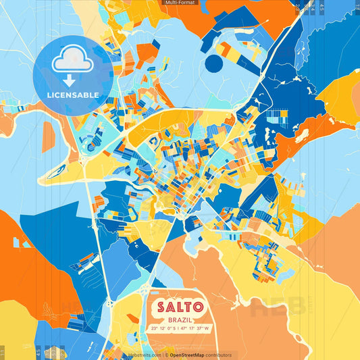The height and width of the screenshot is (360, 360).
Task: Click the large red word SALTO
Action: [x=180, y=306]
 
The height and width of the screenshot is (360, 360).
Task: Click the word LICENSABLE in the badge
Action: [x=73, y=94]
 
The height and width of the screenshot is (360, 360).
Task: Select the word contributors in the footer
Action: [x=217, y=355]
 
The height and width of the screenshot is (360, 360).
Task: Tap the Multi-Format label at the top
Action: [x=180, y=3]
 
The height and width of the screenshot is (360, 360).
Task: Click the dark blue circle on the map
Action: [x=213, y=64]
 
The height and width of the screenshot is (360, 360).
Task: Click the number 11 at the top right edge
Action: [x=357, y=5]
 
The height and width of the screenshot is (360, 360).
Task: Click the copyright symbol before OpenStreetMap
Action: [x=166, y=355]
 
